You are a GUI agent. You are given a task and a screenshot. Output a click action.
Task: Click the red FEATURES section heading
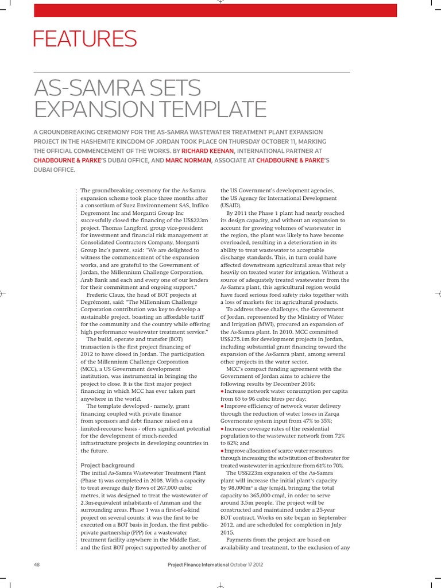pyautogui.click(x=85, y=39)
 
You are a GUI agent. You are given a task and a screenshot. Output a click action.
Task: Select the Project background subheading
pyautogui.click(x=107, y=465)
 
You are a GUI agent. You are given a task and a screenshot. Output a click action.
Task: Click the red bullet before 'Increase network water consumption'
pyautogui.click(x=222, y=390)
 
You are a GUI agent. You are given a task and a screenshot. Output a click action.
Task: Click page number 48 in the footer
pyautogui.click(x=37, y=564)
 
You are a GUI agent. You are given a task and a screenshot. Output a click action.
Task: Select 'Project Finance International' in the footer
pyautogui.click(x=198, y=564)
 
